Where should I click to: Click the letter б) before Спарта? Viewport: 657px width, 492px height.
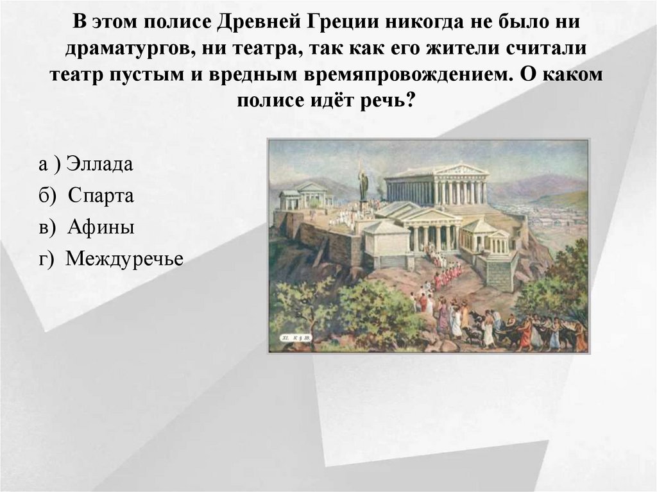point(47,196)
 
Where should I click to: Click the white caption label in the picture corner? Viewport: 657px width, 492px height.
point(296,336)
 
